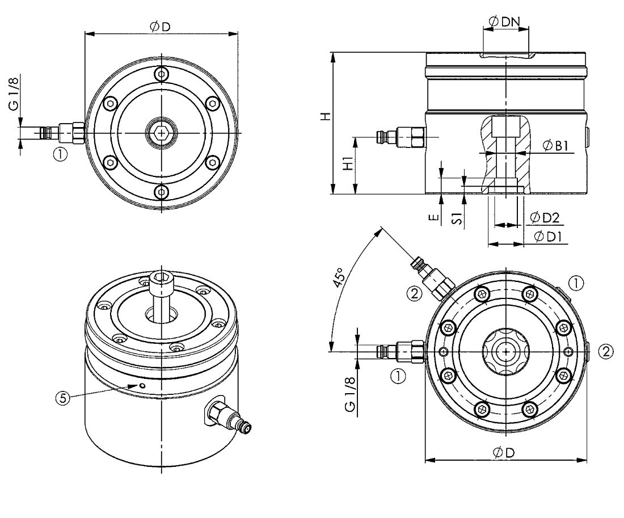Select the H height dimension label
[326, 116]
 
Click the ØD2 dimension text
[545, 217]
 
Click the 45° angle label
[339, 277]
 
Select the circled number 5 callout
[62, 398]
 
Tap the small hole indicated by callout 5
[142, 385]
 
